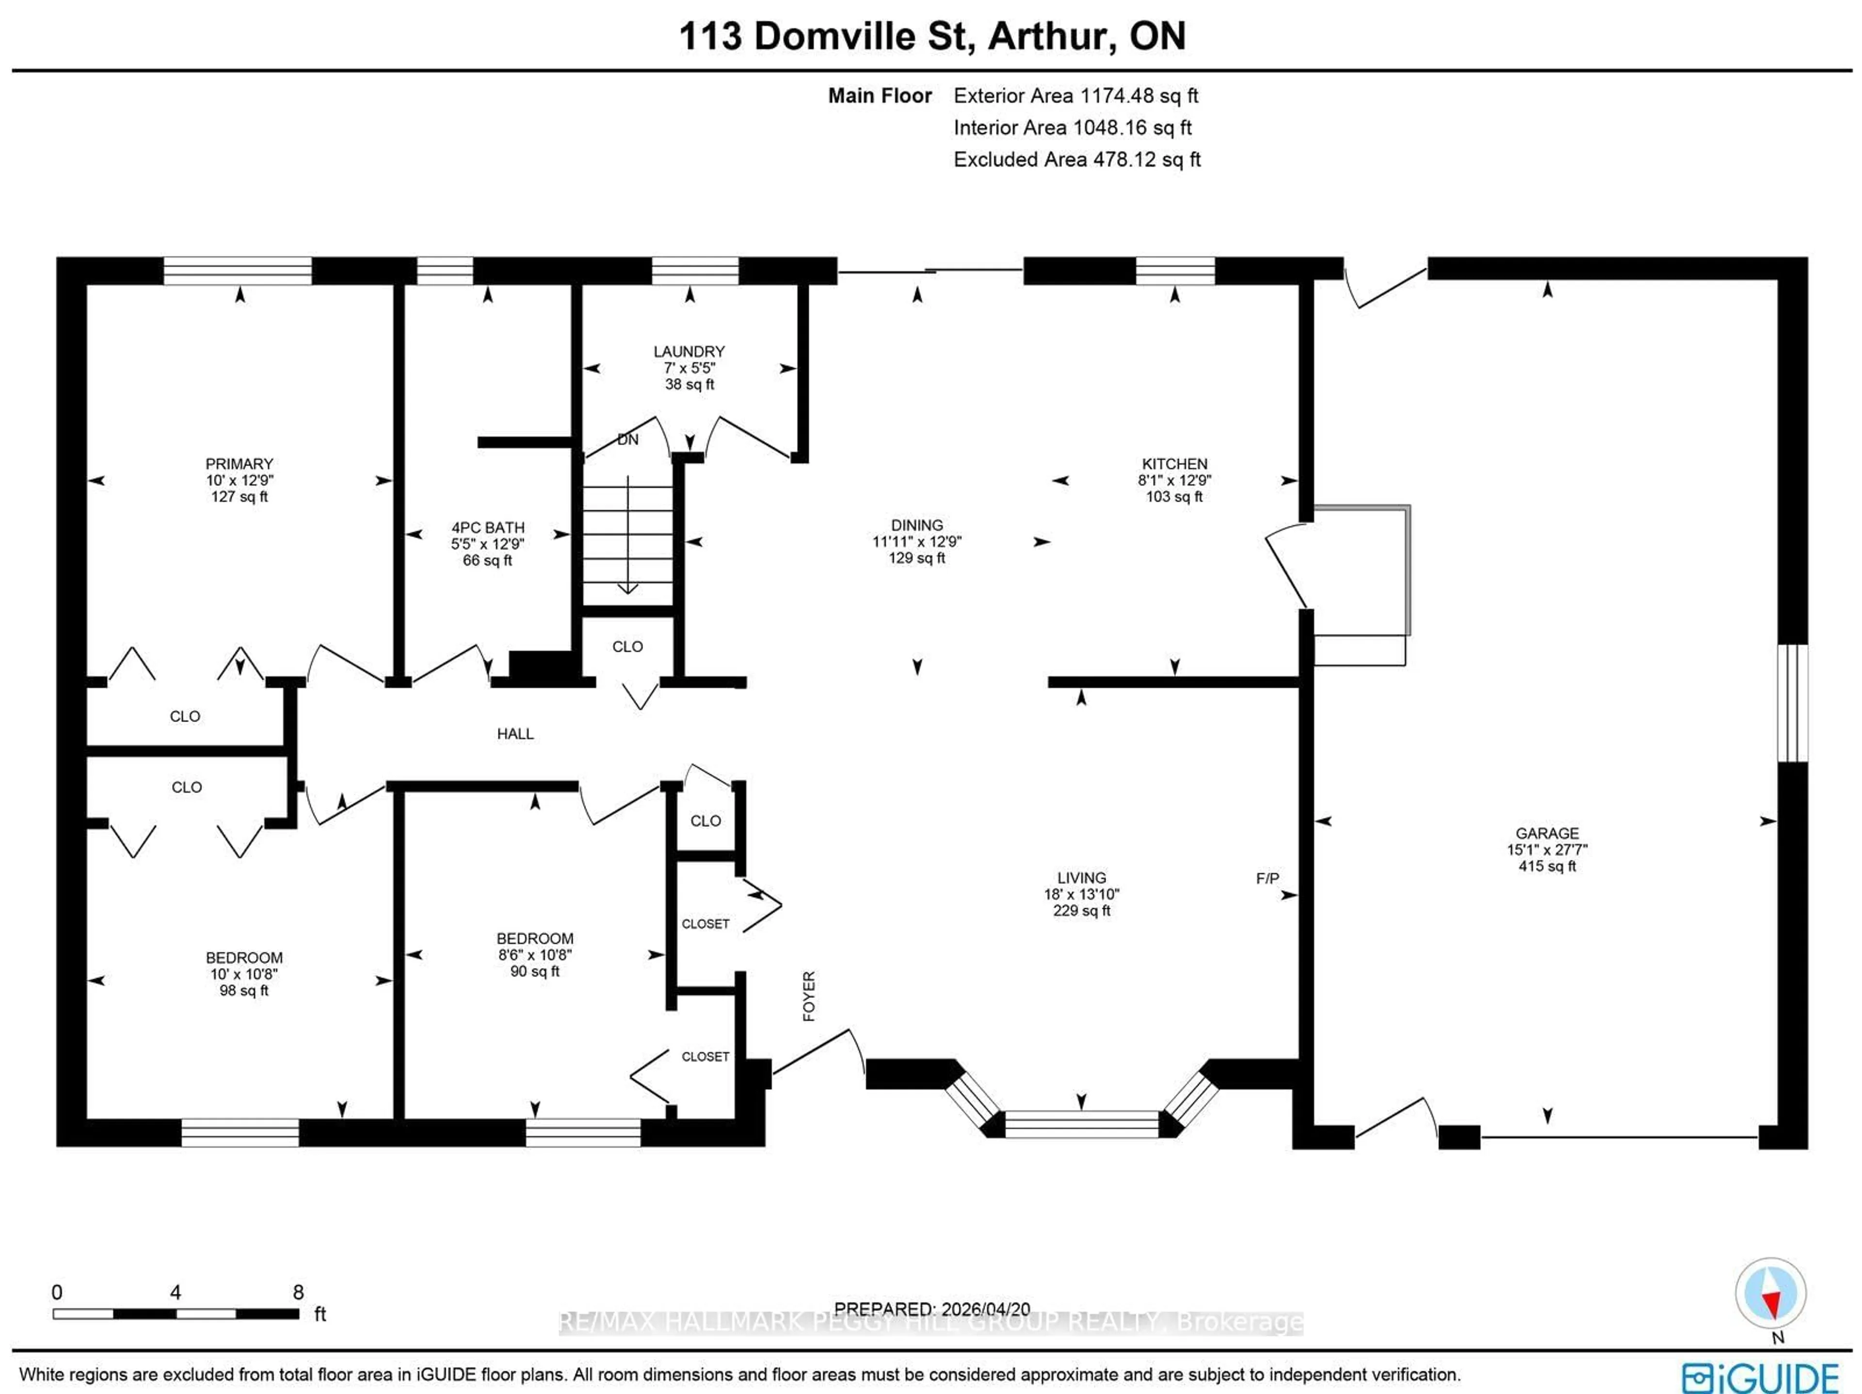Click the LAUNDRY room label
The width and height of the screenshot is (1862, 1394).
coord(689,351)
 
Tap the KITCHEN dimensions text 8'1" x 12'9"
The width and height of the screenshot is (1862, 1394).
coord(1174,480)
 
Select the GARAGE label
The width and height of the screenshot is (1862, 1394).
coord(1546,833)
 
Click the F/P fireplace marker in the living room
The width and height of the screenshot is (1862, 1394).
coord(1267,878)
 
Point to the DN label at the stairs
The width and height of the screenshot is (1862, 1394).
coord(628,439)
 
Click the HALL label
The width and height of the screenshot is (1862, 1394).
coord(514,733)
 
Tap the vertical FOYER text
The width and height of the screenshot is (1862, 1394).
coord(809,996)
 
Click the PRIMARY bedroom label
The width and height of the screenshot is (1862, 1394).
coord(239,464)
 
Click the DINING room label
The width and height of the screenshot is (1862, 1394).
coord(916,525)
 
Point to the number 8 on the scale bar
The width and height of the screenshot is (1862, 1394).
coord(298,1292)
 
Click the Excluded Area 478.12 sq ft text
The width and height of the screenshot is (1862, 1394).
coord(1076,159)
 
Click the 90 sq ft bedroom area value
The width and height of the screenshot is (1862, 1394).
coord(534,971)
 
